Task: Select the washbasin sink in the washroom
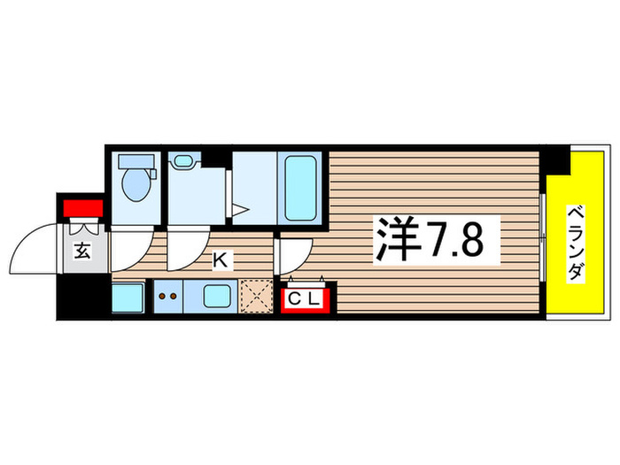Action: tap(184, 161)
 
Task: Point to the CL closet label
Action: tap(304, 299)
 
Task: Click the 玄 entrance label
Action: tap(81, 252)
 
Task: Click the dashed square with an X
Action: tap(256, 297)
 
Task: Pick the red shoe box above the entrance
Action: tap(81, 208)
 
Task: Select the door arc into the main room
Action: tap(289, 256)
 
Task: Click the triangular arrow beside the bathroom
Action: tap(239, 212)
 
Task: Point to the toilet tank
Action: tap(136, 161)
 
